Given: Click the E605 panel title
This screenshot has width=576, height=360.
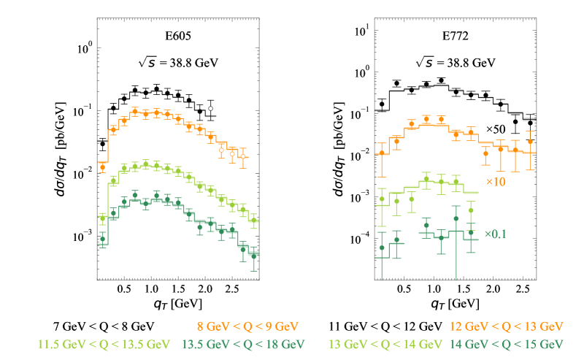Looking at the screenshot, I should [178, 34].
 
